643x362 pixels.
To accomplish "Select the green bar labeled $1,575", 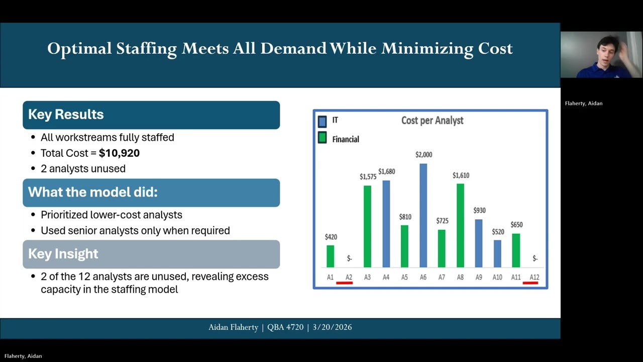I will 367,226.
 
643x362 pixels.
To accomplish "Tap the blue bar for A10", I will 497,253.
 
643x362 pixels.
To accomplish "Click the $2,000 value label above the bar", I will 423,155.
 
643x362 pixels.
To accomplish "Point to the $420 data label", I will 331,237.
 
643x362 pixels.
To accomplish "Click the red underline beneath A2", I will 345,283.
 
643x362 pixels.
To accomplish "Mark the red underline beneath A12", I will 530,283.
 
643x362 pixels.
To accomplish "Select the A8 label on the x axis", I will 460,277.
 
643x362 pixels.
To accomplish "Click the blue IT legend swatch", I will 322,121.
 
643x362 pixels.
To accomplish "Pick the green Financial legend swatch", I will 322,138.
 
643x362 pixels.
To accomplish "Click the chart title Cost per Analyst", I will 432,121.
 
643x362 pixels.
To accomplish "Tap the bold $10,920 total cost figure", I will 119,153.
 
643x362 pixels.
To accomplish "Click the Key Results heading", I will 66,115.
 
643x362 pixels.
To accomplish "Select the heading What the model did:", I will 92,192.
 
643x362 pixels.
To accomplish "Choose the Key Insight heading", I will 63,254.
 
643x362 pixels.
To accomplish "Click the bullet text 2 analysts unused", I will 83,168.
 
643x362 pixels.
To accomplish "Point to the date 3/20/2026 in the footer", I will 332,327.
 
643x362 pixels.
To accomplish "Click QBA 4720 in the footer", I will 285,327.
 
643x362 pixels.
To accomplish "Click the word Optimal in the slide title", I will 79,49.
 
